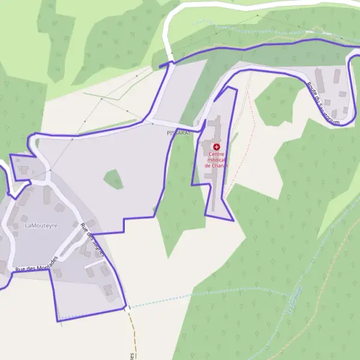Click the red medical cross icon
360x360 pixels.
click(216, 146)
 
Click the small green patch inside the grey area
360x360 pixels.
click(113, 179)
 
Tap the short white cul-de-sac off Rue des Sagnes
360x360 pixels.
click(95, 263)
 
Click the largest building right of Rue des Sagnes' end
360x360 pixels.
click(108, 290)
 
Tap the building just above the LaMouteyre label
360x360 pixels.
click(47, 194)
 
